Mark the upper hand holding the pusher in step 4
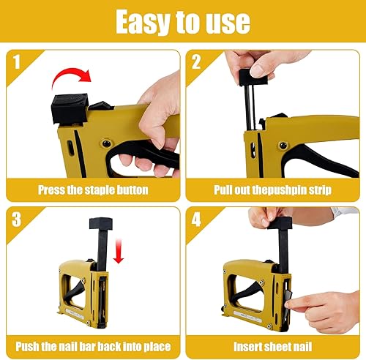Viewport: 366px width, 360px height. (274, 217)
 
